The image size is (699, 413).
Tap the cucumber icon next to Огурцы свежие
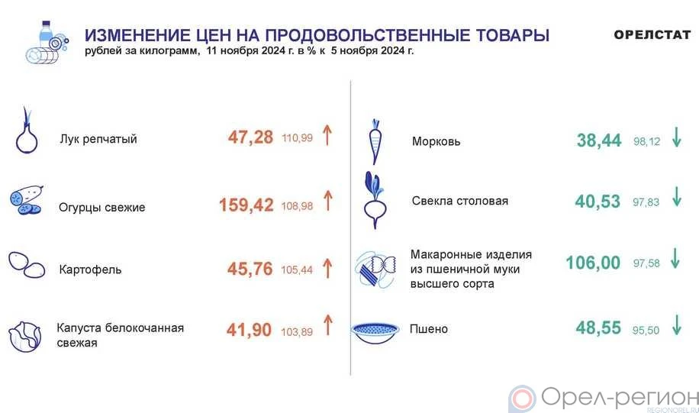[x=26, y=199]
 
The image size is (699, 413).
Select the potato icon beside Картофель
[x=27, y=265]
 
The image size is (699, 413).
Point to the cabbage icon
[x=25, y=337]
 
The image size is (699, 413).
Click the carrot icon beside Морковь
[x=375, y=142]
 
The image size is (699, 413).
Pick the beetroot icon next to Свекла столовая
[x=375, y=200]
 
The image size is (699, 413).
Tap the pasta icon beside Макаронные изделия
[x=375, y=269]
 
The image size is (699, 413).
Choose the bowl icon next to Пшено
[x=375, y=333]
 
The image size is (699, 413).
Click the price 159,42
[x=246, y=205]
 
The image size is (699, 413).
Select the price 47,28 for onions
[x=250, y=137]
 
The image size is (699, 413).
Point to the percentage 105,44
[x=297, y=269]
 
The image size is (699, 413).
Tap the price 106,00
[x=593, y=263]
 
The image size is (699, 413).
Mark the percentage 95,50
[x=646, y=330]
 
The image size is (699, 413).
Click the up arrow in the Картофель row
[x=327, y=268]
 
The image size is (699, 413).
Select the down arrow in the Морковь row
[x=677, y=137]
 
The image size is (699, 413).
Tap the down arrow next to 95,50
[x=677, y=324]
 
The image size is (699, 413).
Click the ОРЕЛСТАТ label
[x=652, y=35]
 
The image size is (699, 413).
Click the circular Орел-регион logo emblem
[x=522, y=398]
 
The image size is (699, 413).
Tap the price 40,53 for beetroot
[x=598, y=201]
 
